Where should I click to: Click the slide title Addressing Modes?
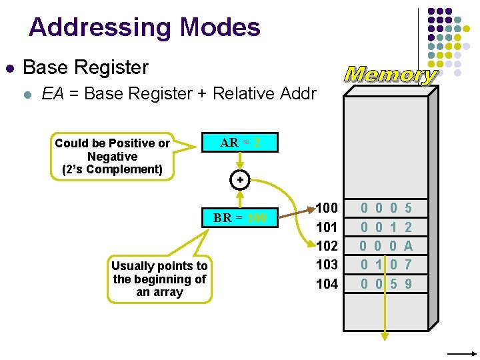coord(144,27)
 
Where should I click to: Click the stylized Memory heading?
coord(390,75)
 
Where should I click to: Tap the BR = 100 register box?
coord(240,218)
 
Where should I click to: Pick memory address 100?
coord(327,208)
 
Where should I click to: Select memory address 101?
coord(327,227)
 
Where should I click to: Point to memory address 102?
coord(327,246)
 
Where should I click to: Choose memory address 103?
coord(327,265)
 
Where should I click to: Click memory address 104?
coord(327,284)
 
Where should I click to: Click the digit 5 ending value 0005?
coord(408,209)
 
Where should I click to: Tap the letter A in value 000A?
coord(408,246)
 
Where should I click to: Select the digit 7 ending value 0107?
coord(408,265)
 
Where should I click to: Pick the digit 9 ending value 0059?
coord(408,284)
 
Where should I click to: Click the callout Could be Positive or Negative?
coord(112,156)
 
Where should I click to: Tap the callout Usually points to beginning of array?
coord(160,279)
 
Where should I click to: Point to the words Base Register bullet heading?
coord(85,67)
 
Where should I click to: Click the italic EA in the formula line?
coord(53,94)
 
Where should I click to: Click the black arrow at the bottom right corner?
coord(460,353)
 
